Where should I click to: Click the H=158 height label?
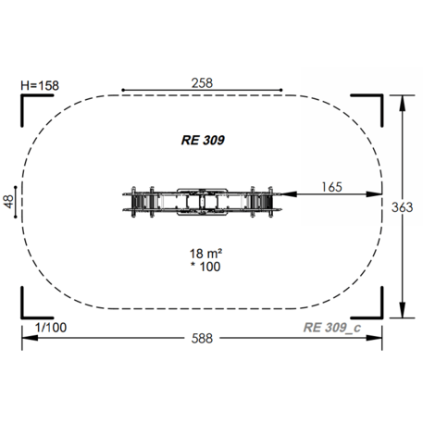point(40,85)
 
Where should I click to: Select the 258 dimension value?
point(202,83)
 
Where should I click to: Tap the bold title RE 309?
point(203,140)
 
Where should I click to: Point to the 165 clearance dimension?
point(331,187)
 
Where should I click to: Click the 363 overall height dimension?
point(402,207)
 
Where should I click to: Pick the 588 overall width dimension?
point(202,339)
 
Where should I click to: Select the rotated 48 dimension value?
point(8,202)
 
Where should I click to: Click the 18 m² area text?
point(205,254)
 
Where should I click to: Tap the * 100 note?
point(205,267)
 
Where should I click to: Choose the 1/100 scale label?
point(51,328)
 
